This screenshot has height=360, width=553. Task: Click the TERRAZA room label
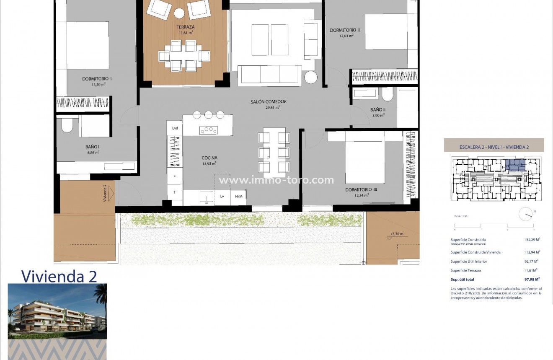(x=185, y=27)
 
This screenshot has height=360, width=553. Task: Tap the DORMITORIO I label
(x=97, y=78)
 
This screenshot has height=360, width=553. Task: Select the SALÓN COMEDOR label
(x=269, y=101)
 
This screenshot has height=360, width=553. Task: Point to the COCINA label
(x=209, y=158)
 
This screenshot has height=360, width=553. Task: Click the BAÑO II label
(x=377, y=110)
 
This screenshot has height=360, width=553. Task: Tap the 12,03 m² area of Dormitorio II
(x=346, y=36)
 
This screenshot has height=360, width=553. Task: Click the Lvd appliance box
(x=175, y=128)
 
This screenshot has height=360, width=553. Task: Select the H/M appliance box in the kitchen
(x=239, y=197)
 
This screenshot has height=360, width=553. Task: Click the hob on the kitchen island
(x=208, y=130)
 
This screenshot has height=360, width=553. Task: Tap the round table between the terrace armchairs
(x=179, y=13)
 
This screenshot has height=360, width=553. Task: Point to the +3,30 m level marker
(x=396, y=234)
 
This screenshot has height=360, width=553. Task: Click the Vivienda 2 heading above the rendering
(x=59, y=276)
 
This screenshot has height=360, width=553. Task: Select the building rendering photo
(x=57, y=311)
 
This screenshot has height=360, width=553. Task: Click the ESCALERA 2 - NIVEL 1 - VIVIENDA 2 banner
(x=494, y=146)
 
